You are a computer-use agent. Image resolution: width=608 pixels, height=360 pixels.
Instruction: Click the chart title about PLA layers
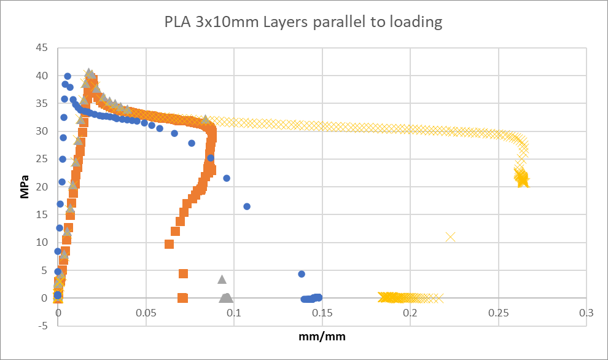click(x=303, y=23)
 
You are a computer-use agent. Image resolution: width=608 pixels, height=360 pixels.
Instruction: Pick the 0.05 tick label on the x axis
click(x=146, y=312)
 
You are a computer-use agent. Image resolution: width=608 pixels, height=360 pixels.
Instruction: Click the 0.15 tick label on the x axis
click(x=322, y=312)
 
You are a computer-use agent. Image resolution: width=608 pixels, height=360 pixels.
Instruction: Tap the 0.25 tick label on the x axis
click(x=498, y=312)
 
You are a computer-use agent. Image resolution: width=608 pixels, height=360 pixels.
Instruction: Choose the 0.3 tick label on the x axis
click(x=587, y=312)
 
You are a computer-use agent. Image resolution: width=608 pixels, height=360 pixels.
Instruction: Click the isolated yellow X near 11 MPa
click(x=451, y=237)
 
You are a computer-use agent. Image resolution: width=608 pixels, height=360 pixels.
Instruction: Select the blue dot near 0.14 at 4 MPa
click(x=302, y=274)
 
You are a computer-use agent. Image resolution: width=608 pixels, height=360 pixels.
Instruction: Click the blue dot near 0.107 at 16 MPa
click(x=247, y=206)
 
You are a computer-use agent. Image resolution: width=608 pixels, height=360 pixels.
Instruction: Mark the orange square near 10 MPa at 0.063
click(x=170, y=244)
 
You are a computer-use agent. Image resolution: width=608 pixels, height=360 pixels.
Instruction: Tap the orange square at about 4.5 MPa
click(x=183, y=273)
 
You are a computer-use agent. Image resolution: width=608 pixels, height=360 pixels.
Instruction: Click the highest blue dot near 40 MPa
click(x=68, y=76)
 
